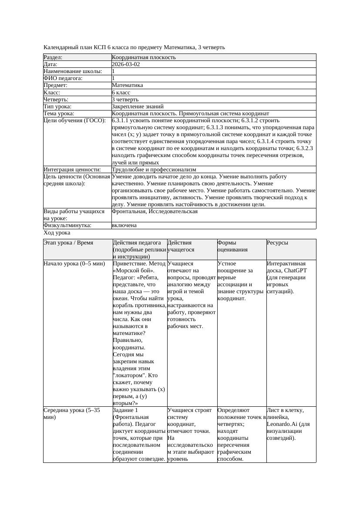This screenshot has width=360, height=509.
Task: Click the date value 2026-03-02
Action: point(126,64)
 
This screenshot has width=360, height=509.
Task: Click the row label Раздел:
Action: point(53,57)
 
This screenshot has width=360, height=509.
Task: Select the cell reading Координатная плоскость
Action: point(144,57)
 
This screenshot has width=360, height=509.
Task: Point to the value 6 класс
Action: point(121,93)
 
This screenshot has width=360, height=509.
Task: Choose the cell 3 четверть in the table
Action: point(125,100)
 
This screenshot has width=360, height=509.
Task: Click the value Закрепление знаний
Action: point(138,107)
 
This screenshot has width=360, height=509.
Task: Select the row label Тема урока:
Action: point(59,114)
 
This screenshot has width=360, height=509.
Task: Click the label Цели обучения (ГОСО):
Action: point(74,121)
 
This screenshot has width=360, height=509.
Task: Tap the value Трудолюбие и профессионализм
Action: point(154,170)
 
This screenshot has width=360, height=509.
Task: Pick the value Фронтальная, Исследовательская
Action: point(155,211)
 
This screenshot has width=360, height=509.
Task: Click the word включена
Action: point(124,225)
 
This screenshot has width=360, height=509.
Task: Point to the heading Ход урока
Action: point(57,233)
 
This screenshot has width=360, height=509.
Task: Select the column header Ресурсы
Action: point(277,243)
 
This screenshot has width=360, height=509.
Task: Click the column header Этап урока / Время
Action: point(68,243)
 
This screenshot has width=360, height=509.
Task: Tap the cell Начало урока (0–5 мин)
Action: point(74,264)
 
